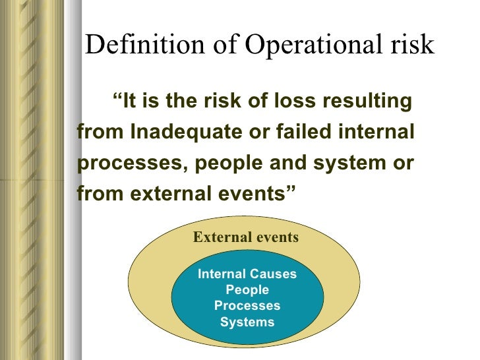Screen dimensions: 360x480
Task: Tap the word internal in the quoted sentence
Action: click(x=379, y=132)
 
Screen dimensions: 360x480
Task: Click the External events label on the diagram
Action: click(x=245, y=237)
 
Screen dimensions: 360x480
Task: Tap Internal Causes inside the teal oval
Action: click(x=247, y=274)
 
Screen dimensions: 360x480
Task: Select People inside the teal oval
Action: click(x=247, y=290)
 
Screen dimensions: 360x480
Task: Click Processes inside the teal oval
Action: click(x=247, y=306)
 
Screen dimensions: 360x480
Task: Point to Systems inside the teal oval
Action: click(x=247, y=322)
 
